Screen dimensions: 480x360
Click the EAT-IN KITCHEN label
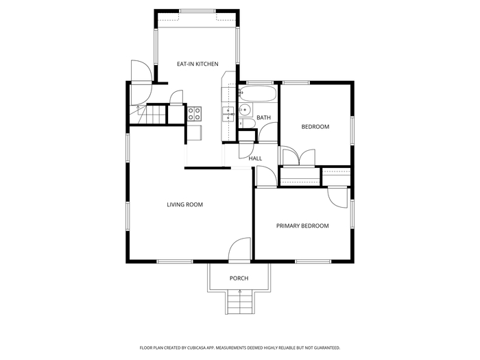pyautogui.click(x=197, y=64)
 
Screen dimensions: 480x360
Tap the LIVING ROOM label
pyautogui.click(x=185, y=204)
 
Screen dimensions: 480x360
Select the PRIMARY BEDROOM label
pyautogui.click(x=302, y=226)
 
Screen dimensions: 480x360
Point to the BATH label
pyautogui.click(x=263, y=117)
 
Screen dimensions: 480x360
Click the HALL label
pyautogui.click(x=255, y=158)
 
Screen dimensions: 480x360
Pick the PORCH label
pyautogui.click(x=239, y=278)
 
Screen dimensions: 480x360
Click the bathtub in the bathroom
pyautogui.click(x=258, y=94)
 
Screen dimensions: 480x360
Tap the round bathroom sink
pyautogui.click(x=245, y=109)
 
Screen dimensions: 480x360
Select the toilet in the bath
pyautogui.click(x=248, y=123)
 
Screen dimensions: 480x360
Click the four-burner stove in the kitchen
pyautogui.click(x=194, y=114)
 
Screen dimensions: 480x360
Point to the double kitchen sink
pyautogui.click(x=228, y=115)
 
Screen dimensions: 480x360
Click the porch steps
pyautogui.click(x=240, y=302)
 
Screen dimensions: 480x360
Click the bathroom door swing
pyautogui.click(x=268, y=132)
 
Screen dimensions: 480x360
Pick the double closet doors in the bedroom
pyautogui.click(x=299, y=157)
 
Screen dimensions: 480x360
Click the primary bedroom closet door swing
pyautogui.click(x=337, y=198)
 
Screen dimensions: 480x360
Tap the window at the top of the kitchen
pyautogui.click(x=197, y=11)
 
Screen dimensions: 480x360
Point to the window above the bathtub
pyautogui.click(x=260, y=83)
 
